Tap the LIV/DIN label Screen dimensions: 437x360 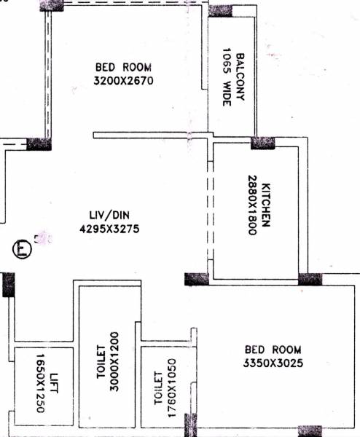click(106, 216)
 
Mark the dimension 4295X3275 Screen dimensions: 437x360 click(106, 229)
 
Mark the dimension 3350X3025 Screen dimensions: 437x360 click(269, 363)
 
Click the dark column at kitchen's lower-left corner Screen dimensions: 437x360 click(197, 279)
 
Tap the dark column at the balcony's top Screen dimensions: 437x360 click(221, 10)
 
